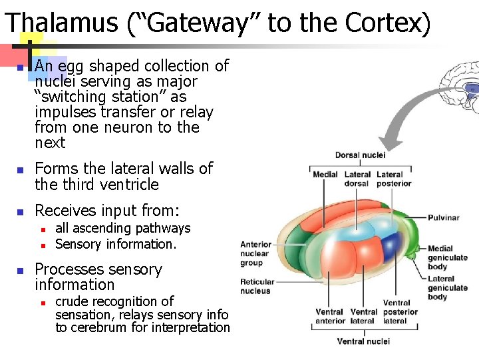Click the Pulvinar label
point(443,217)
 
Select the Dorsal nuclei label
point(360,155)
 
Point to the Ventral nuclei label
point(363,341)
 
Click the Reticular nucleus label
point(255,286)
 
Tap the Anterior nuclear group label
point(255,253)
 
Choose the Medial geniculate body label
point(447,257)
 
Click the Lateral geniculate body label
point(447,288)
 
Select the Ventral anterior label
point(329,316)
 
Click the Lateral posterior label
point(393,179)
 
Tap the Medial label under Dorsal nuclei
point(325,175)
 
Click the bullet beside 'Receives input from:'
point(21,212)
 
